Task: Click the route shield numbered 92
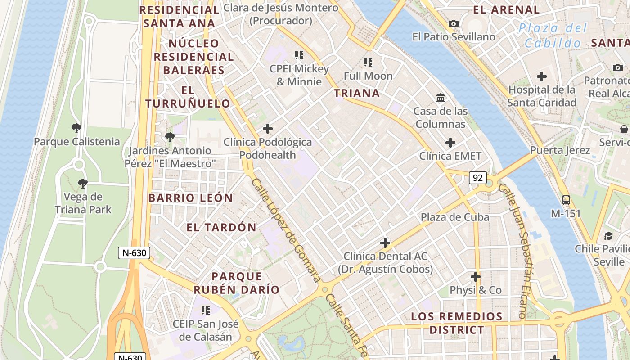[477, 178]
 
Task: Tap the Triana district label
[357, 93]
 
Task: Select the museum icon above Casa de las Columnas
[441, 98]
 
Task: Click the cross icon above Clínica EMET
[450, 143]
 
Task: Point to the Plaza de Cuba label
[454, 217]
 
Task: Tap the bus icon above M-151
[566, 200]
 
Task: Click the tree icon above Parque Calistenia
[76, 128]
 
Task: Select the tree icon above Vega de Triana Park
[82, 183]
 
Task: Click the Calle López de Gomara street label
[286, 229]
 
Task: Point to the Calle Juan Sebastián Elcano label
[519, 252]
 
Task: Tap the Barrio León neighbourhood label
[191, 198]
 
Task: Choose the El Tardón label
[221, 227]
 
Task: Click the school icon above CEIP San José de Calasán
[206, 310]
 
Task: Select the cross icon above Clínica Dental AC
[385, 243]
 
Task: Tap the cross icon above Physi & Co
[476, 277]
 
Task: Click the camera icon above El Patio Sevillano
[454, 23]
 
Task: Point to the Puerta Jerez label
[560, 150]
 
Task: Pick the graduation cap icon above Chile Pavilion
[608, 236]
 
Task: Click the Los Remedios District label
[456, 323]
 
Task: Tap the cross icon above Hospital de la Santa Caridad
[542, 76]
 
